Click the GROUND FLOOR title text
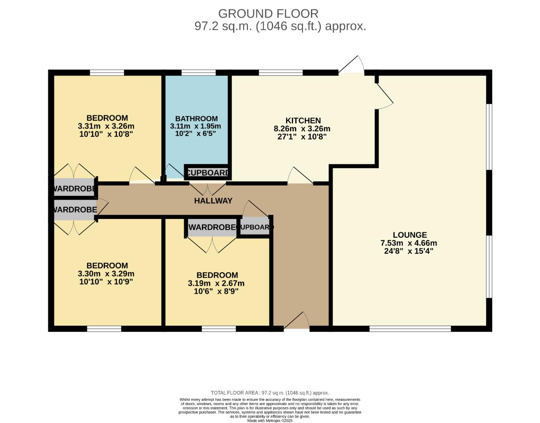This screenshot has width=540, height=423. coord(268,14)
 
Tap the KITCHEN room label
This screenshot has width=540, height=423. coord(303,121)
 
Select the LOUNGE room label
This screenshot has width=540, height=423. coord(409,235)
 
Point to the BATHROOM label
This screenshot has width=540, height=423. coord(196,119)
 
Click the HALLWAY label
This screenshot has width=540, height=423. coord(213,201)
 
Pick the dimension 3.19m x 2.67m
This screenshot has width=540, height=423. coord(216,283)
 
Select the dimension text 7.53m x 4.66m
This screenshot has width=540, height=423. coord(409,243)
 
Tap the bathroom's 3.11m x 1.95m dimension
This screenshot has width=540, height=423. coord(195,127)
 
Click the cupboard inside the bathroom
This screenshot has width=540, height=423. coord(207,173)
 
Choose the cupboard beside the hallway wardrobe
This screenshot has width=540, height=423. coord(255,228)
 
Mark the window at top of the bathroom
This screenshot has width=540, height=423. coord(199,72)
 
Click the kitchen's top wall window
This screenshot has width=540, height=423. coord(281,72)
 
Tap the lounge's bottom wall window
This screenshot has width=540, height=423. coord(410,329)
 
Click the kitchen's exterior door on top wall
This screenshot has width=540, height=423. coord(351,65)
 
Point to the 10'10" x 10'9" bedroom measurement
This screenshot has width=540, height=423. coord(106,282)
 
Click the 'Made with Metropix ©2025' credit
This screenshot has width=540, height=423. coord(270,421)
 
